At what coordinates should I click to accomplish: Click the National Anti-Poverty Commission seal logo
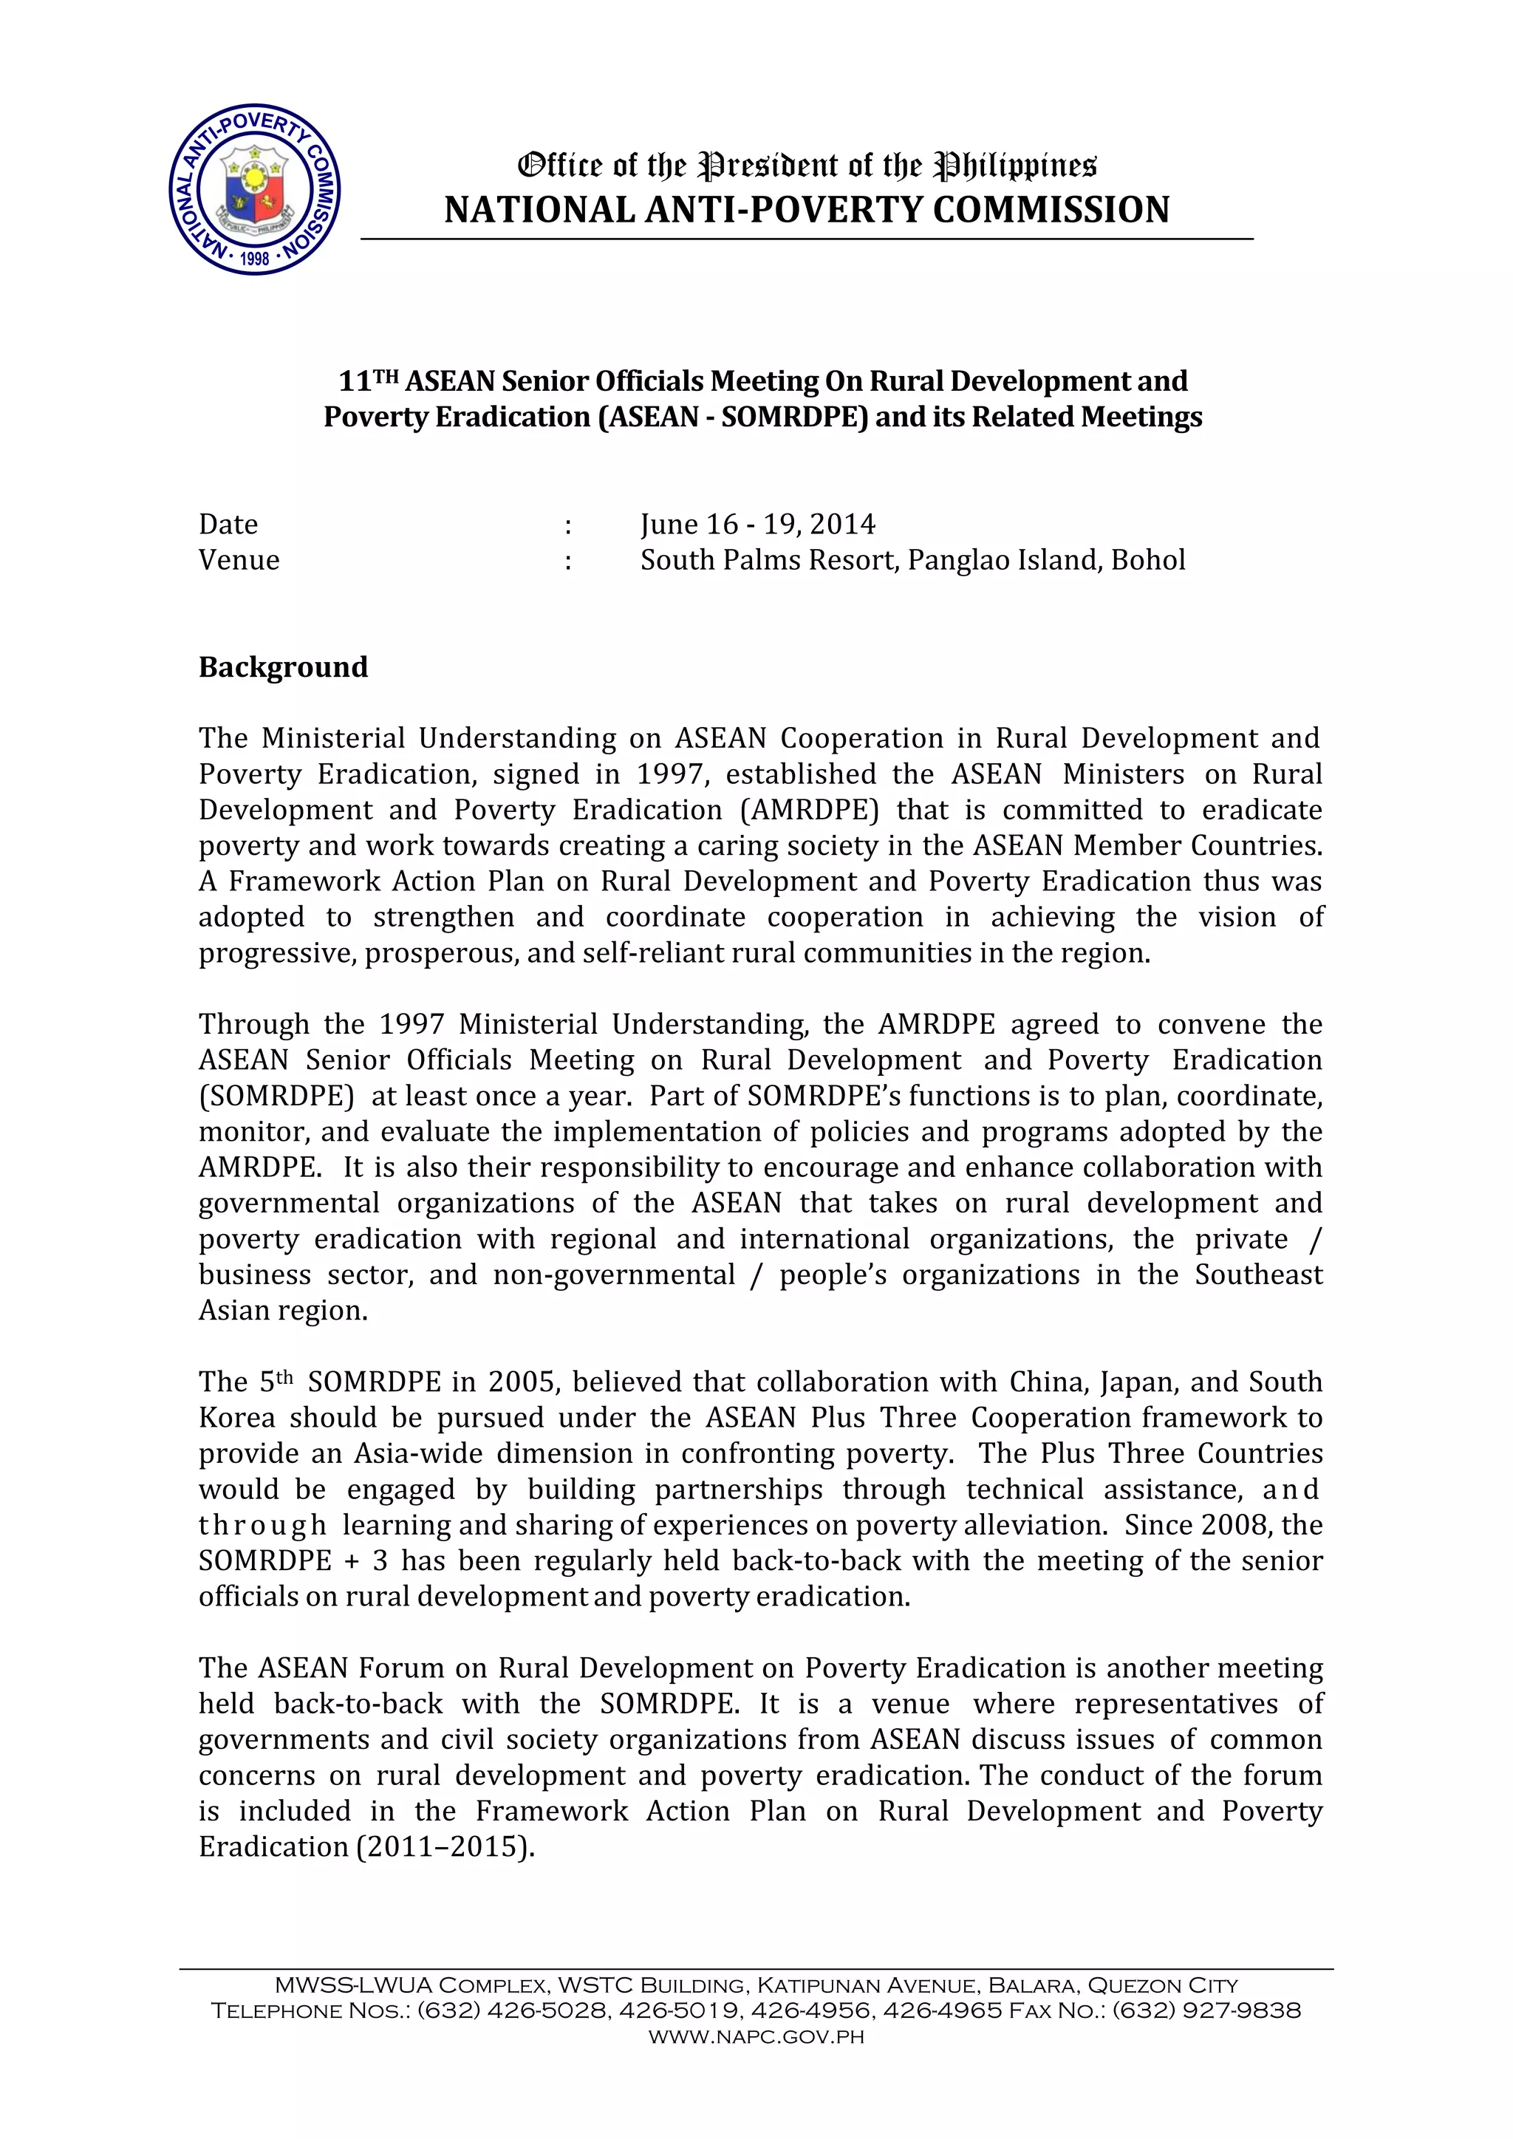254,189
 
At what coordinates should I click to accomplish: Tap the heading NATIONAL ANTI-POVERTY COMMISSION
807,211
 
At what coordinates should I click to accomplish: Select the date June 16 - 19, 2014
757,525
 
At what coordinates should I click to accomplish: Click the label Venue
239,560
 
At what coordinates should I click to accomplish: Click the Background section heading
283,667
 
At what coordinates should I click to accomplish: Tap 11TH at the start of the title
368,381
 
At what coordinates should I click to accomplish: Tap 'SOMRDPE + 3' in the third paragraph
293,1560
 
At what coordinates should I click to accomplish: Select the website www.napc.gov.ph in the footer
756,2036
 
